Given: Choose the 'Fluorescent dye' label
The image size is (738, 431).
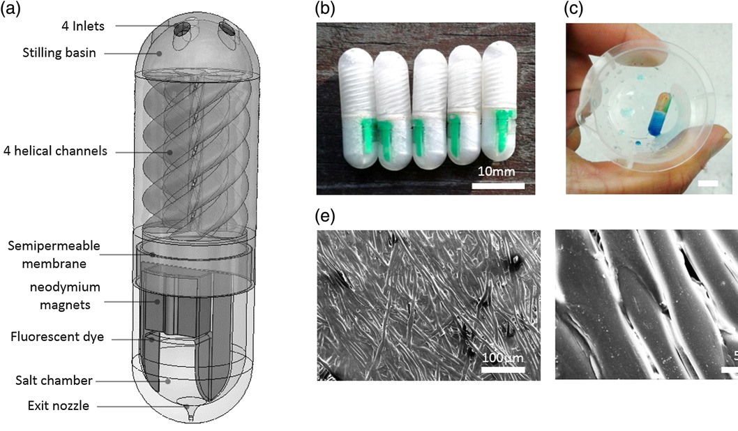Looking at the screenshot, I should [x=58, y=338].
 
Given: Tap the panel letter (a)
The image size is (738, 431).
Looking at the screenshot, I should [x=11, y=10].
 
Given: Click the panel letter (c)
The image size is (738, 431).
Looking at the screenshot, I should [x=574, y=10].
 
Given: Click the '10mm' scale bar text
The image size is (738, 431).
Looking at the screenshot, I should [x=497, y=172].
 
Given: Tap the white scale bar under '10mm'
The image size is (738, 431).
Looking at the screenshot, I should [x=497, y=186].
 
